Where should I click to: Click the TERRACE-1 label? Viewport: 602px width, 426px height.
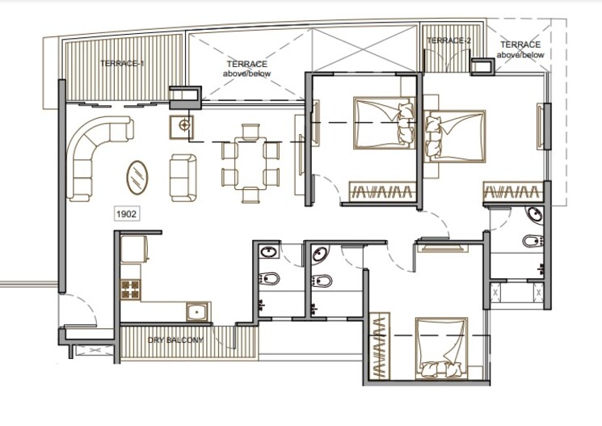tap(122, 64)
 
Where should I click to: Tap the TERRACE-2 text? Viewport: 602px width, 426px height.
tap(448, 40)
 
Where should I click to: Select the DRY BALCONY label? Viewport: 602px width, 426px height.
tap(175, 340)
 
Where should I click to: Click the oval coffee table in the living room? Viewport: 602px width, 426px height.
tap(139, 175)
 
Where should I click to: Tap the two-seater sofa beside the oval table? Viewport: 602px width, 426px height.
tap(182, 176)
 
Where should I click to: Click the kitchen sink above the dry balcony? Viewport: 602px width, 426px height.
tap(197, 312)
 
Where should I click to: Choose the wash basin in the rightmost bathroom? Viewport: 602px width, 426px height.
tap(533, 215)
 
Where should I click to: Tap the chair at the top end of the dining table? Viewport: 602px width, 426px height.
tap(251, 129)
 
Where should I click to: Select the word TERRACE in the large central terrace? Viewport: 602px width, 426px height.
tap(246, 64)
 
